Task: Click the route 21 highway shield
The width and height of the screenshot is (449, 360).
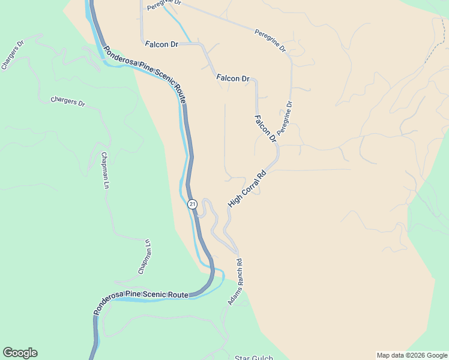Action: (x=192, y=204)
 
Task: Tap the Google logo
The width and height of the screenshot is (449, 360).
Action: (x=20, y=353)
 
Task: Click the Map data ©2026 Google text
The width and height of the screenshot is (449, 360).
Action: (x=412, y=355)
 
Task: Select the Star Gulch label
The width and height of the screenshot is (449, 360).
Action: (x=253, y=358)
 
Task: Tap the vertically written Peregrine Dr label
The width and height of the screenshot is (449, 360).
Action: (x=284, y=118)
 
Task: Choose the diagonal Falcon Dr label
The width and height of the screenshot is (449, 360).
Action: (x=265, y=128)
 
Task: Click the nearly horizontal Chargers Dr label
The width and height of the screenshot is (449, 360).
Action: (x=68, y=101)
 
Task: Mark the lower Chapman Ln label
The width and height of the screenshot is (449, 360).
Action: (x=144, y=257)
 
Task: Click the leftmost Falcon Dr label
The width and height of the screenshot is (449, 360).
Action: (x=162, y=44)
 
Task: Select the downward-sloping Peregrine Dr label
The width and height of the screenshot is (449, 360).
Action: (x=270, y=40)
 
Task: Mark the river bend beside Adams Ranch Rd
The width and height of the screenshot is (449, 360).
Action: (x=220, y=277)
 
